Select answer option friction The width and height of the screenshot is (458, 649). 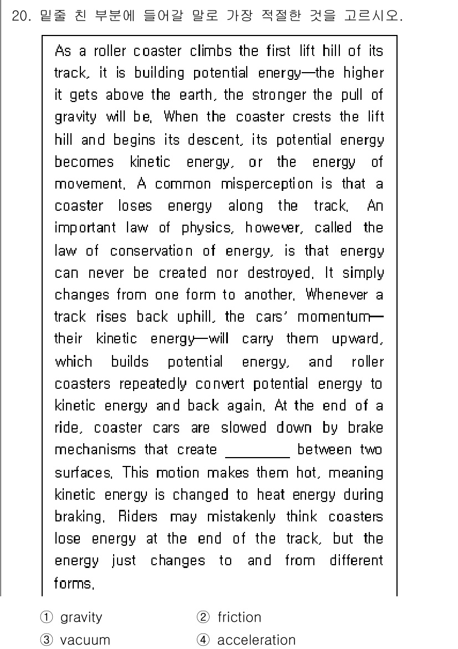click(x=239, y=617)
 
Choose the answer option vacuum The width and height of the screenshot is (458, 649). click(x=85, y=640)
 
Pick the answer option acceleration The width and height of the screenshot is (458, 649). click(x=256, y=640)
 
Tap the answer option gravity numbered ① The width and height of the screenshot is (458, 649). click(x=81, y=617)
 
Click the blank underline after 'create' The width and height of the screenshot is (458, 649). click(x=257, y=450)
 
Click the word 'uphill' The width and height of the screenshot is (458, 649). click(x=191, y=317)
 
